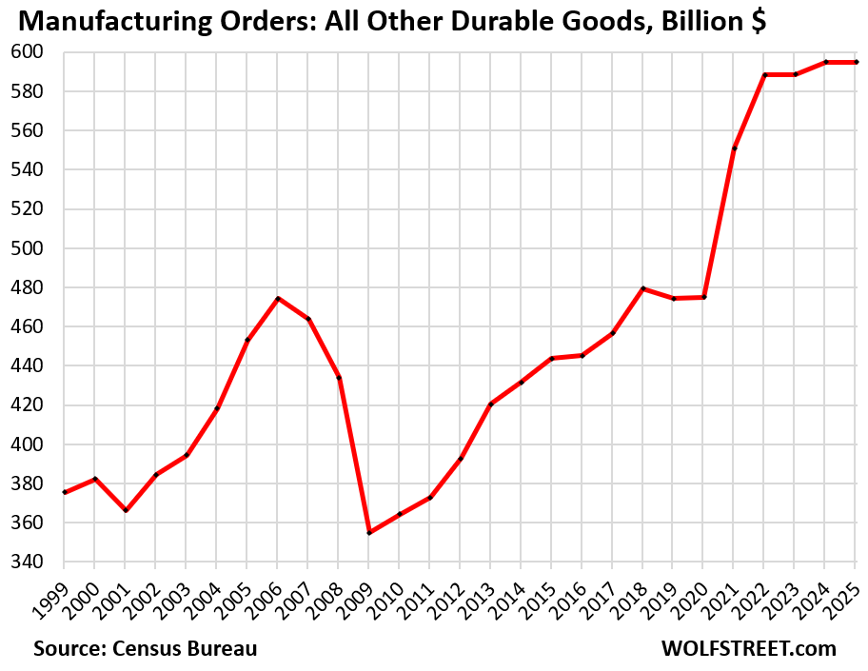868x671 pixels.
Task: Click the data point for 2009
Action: [369, 532]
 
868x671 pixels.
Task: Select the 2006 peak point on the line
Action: [278, 299]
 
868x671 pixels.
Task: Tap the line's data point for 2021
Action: [735, 148]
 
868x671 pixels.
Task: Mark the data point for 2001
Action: [126, 510]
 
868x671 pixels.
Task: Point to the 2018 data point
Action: [643, 288]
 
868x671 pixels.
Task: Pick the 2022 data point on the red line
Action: [765, 74]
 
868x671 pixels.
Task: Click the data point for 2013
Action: [491, 405]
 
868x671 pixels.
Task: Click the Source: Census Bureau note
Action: [146, 649]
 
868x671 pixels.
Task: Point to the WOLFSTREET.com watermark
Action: [749, 649]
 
